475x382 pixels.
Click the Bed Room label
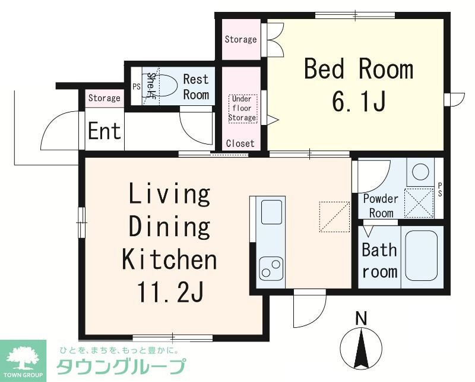[358, 70]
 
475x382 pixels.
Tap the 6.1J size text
[359, 102]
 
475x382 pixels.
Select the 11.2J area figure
[170, 293]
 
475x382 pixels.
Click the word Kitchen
[169, 260]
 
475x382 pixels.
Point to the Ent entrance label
[104, 131]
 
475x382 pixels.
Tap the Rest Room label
[196, 87]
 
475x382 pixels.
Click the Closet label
[240, 143]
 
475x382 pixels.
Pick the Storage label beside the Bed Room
[240, 39]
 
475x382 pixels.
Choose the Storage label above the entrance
[104, 98]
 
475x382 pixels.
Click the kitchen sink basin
[272, 212]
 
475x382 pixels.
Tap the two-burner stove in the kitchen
[271, 268]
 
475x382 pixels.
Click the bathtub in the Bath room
[421, 256]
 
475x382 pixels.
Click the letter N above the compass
[360, 318]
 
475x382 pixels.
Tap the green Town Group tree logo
[23, 357]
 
